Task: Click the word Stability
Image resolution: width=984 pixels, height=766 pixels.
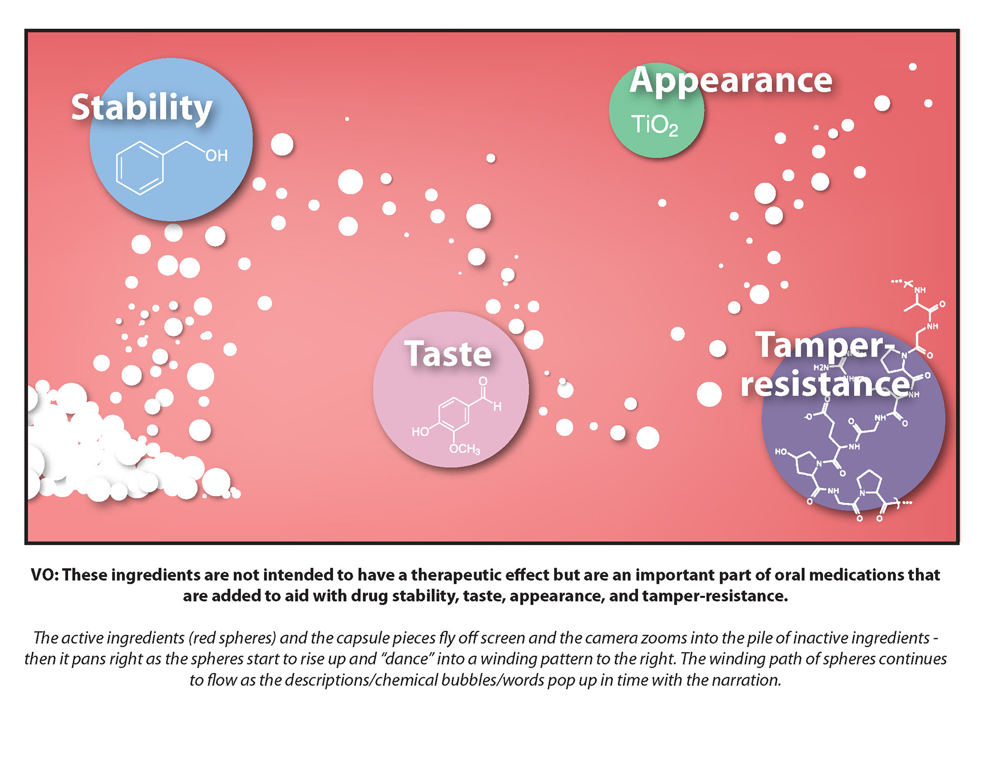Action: point(141,108)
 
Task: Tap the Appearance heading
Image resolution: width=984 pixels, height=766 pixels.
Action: point(731,80)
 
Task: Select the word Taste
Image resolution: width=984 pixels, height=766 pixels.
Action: point(448,354)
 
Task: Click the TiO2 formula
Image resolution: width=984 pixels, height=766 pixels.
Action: point(654,125)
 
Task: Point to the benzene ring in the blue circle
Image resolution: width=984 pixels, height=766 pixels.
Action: point(140,168)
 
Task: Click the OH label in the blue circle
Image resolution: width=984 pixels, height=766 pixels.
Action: point(216,156)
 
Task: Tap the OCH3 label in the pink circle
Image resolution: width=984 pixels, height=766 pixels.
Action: point(464,449)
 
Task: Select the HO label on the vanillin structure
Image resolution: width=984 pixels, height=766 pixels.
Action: point(420,432)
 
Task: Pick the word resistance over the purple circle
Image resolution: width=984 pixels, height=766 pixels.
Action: point(825,385)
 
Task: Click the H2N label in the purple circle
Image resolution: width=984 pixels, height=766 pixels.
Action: point(821,368)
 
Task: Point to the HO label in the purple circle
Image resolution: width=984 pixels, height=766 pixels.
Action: point(781,452)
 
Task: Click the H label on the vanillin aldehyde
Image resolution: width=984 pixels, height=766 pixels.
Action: point(497,407)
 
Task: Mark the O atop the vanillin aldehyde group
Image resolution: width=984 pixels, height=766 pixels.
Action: point(483,381)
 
